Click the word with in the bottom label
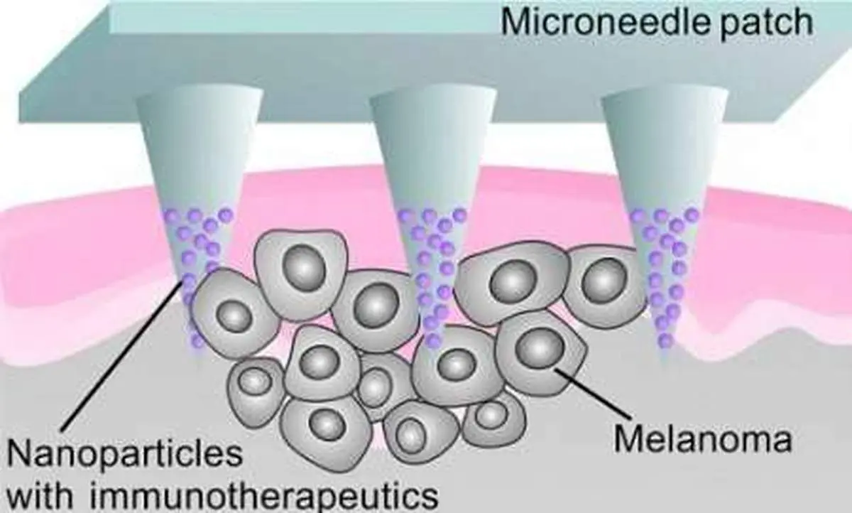pyautogui.click(x=46, y=492)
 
